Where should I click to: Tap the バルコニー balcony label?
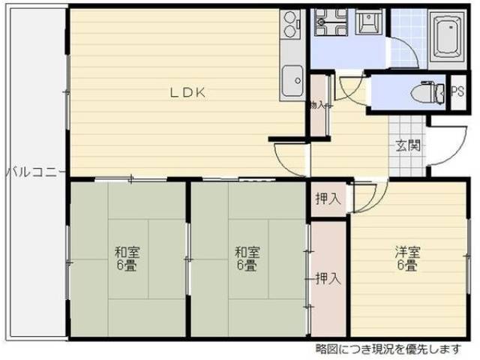coord(31,172)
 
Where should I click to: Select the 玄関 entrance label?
coord(408,146)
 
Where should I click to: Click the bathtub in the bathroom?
coord(447,36)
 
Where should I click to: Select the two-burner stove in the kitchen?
coord(290,28)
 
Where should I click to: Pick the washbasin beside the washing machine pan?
coord(367,24)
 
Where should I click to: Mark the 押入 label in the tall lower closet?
coord(328,278)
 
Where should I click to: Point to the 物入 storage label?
coord(316,106)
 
